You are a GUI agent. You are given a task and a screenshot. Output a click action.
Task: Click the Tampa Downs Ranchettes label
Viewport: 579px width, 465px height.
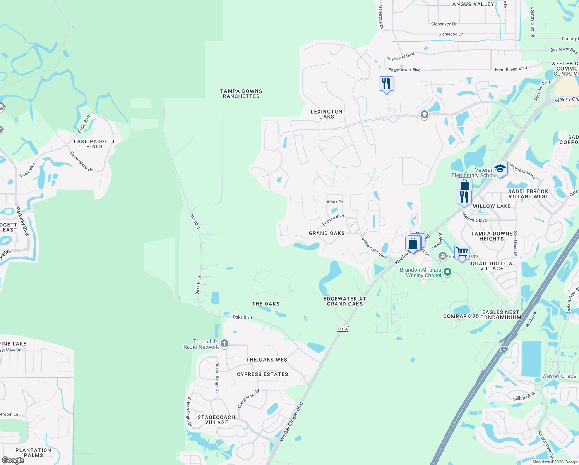click(241, 94)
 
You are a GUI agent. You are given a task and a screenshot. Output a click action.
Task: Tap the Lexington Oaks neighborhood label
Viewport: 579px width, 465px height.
click(326, 114)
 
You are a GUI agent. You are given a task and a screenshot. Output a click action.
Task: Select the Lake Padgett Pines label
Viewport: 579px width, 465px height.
click(94, 144)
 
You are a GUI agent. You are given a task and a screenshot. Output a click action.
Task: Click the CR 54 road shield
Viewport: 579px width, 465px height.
click(343, 329)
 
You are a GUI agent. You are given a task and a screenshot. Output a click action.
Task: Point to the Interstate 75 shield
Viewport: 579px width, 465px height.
click(504, 350)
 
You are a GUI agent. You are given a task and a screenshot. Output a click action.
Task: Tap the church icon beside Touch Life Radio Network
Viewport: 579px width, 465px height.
click(224, 344)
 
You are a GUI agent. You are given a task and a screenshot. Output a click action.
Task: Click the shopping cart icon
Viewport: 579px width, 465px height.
click(462, 253)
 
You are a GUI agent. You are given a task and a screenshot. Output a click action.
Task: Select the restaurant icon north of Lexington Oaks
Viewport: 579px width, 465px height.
click(386, 84)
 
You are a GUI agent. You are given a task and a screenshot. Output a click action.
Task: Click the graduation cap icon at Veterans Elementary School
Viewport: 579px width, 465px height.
click(500, 169)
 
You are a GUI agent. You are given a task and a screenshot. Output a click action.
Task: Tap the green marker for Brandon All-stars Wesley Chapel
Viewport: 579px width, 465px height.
click(447, 272)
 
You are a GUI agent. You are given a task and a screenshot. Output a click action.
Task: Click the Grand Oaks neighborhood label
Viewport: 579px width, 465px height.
click(327, 233)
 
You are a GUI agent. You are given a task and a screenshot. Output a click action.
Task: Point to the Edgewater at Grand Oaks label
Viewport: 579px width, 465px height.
click(345, 301)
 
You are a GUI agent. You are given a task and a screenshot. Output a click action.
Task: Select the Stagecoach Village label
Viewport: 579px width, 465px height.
click(216, 420)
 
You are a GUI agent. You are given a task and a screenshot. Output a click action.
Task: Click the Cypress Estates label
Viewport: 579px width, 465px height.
click(262, 374)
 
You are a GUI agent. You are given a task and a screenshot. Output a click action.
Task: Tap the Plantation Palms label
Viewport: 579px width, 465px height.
click(33, 453)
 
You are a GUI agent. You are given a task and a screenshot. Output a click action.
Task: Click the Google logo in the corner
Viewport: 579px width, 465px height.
click(13, 460)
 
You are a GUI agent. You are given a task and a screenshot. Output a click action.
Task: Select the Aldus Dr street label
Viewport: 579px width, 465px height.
click(335, 202)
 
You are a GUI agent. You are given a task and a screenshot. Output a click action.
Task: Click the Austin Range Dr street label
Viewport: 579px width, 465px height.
click(217, 378)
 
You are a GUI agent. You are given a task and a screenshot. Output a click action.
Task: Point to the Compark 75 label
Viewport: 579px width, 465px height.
click(461, 316)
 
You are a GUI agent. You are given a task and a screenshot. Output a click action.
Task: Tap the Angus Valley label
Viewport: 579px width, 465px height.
click(473, 4)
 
